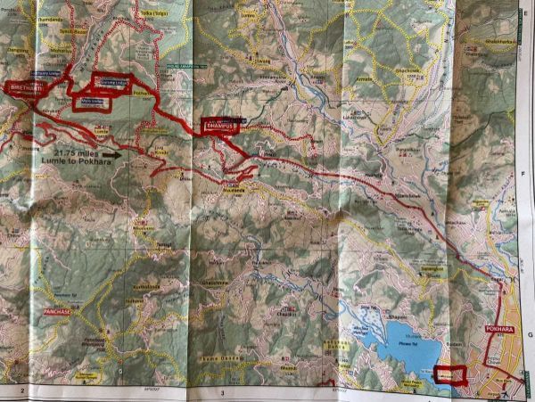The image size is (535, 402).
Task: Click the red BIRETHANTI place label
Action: tap(26, 88)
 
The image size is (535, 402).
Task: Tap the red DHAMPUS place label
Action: tap(221, 127)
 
